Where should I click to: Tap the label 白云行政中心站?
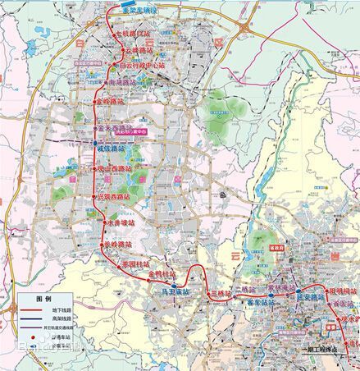(x=148, y=63)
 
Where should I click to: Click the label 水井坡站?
(x=123, y=222)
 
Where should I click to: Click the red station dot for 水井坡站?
(x=107, y=222)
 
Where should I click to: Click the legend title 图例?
(x=43, y=298)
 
